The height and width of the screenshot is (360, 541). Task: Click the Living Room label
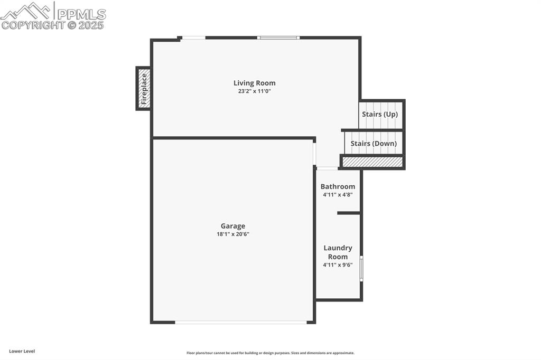254,83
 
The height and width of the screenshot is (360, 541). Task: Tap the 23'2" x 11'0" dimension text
254,91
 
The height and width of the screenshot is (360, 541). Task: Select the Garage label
232,226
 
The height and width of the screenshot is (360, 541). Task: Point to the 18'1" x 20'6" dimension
232,234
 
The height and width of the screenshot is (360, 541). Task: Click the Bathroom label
338,186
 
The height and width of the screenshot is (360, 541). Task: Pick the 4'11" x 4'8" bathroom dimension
338,195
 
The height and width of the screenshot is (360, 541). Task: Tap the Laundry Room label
338,252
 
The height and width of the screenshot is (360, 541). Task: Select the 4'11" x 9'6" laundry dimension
338,265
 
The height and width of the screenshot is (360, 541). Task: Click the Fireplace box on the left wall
143,88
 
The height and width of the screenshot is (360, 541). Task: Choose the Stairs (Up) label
380,114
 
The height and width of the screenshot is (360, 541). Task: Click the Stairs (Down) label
374,143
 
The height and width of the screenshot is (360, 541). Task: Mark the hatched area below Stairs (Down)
372,162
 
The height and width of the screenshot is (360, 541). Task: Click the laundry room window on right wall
361,269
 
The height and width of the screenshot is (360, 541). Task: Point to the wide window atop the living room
278,37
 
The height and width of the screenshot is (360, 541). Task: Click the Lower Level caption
22,351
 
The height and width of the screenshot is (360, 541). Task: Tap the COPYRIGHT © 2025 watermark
53,25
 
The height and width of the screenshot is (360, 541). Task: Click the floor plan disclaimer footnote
270,353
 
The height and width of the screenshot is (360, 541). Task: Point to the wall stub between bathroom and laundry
349,213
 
